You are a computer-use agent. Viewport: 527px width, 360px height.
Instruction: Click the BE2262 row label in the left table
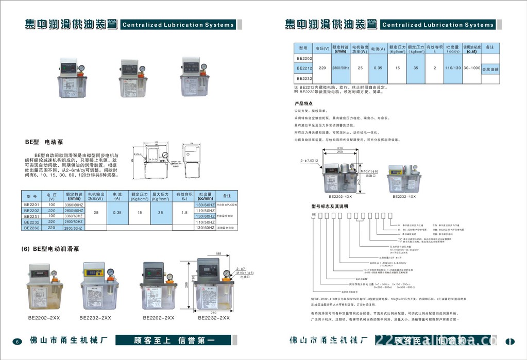pos(31,228)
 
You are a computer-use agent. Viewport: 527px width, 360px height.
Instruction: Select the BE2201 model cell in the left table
pos(31,205)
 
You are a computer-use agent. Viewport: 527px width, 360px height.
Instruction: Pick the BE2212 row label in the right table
pos(304,68)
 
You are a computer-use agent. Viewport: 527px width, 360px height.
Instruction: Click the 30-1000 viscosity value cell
pos(471,68)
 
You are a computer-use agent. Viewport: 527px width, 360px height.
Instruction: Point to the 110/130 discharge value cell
pos(453,68)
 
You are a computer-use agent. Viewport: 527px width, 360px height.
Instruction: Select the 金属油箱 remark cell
pos(490,68)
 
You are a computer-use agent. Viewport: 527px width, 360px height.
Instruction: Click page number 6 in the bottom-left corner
pos(17,341)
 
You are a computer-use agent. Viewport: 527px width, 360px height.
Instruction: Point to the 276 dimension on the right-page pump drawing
pos(340,148)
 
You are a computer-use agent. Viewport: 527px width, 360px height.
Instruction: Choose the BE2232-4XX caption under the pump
pos(404,196)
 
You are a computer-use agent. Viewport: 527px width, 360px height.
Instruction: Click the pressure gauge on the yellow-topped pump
pos(110,273)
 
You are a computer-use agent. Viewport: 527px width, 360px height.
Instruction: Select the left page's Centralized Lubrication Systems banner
pos(178,25)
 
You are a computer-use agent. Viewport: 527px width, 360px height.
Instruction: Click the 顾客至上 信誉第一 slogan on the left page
pos(174,340)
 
